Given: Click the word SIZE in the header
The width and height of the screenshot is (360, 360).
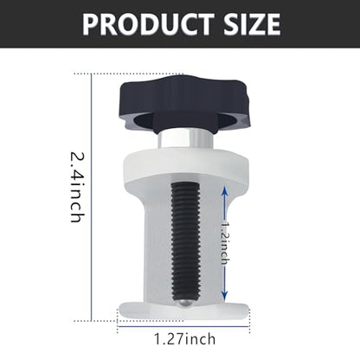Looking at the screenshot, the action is coord(252,24).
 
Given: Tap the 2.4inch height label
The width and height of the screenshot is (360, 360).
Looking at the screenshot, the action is coord(77,187).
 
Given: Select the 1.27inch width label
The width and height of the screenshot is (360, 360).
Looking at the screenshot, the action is coord(185,339).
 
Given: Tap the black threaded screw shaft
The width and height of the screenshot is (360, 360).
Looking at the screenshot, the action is coord(185,241).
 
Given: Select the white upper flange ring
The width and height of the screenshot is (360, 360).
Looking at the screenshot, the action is coord(186,166).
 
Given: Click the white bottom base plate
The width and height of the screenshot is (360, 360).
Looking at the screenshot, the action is coord(183,311).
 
